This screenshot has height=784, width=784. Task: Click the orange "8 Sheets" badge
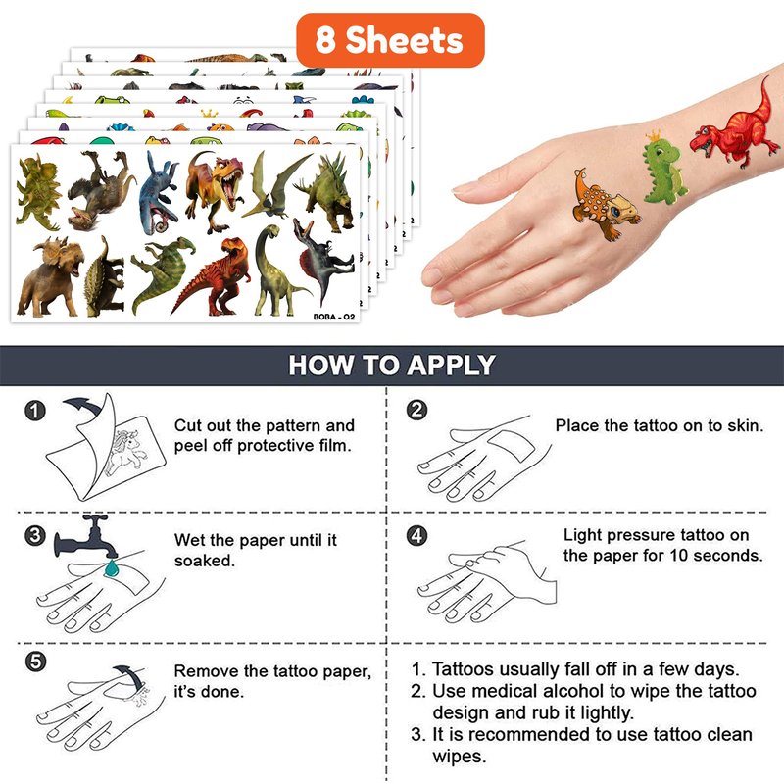coord(390,40)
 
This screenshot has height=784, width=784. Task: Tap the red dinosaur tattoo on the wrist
coord(735,125)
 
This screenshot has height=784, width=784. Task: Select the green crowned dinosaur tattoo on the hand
coord(663,168)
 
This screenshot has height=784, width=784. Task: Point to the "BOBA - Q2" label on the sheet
coord(334,317)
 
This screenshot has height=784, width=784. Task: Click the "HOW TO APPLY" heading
coord(392,365)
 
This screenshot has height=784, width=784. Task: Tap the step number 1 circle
coord(35,411)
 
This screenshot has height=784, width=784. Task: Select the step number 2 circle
coord(417,410)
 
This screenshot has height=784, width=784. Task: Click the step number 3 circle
coord(35,535)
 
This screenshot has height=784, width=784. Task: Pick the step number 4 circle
coord(417,535)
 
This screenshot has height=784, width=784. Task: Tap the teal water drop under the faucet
coord(112,568)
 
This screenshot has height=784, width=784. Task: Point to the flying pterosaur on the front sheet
coord(275,187)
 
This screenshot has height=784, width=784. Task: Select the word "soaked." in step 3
coord(205,561)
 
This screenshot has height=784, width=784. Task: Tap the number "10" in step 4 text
coord(679,556)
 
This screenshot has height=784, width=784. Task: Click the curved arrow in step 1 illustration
coord(84,404)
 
